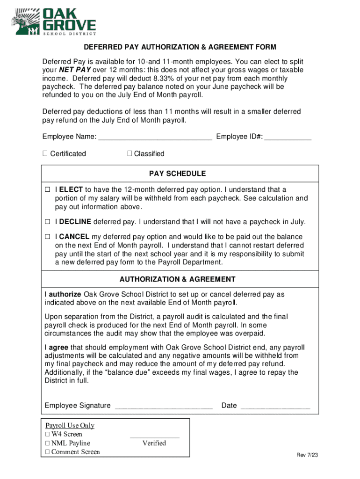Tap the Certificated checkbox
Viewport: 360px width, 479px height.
pos(45,153)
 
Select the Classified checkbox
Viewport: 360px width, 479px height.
pos(130,153)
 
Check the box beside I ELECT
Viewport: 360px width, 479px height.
pos(47,190)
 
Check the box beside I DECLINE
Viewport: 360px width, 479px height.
pos(47,222)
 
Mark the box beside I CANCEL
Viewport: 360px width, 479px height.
pos(47,237)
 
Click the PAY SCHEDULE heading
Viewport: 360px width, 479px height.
pos(177,174)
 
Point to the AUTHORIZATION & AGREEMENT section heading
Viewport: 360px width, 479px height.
pos(177,279)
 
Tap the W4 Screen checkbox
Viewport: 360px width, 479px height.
pos(47,435)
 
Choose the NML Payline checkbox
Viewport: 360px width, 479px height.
pos(47,443)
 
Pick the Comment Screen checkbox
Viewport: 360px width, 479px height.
pos(47,452)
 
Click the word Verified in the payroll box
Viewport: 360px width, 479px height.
pos(154,443)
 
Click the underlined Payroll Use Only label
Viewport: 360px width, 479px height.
pos(70,425)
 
